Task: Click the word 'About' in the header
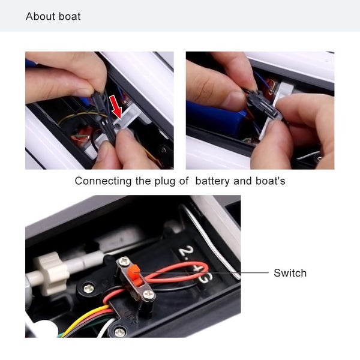pyautogui.click(x=40, y=16)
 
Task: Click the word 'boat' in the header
pyautogui.click(x=69, y=16)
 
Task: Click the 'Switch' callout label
pyautogui.click(x=290, y=273)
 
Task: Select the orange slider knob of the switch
pyautogui.click(x=137, y=277)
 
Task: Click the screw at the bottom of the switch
pyautogui.click(x=147, y=295)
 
